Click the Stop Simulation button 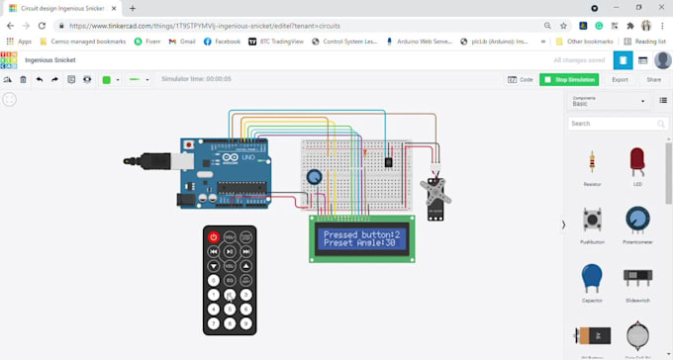coord(569,79)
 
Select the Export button coord(620,79)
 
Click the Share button coord(653,79)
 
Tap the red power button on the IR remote coord(213,237)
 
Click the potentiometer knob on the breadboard coord(315,177)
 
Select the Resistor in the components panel coord(592,162)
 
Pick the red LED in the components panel coord(637,161)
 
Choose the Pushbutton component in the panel coord(592,220)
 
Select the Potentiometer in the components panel coord(637,220)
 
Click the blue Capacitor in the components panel coord(592,278)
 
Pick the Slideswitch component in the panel coord(637,278)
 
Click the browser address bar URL coord(228,25)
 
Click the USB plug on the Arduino coord(148,158)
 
